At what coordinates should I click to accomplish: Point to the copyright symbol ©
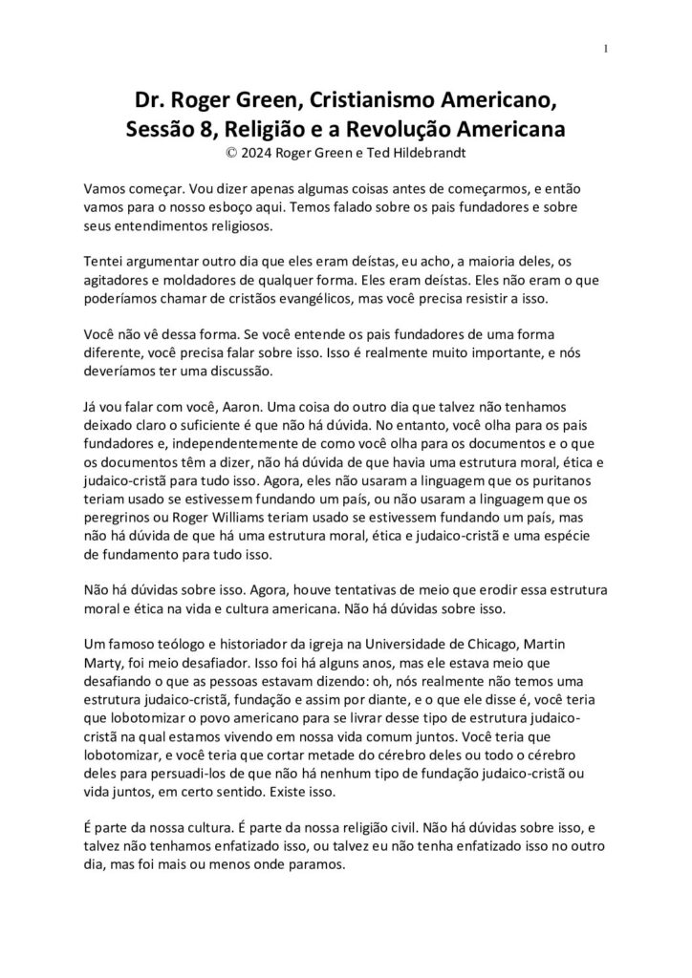(225, 151)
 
